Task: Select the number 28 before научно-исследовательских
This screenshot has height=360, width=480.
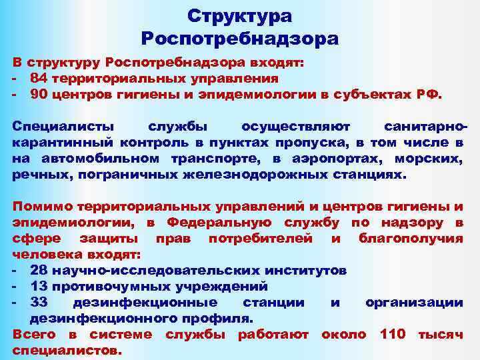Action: tap(39, 271)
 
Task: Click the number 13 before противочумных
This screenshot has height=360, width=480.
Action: tap(39, 287)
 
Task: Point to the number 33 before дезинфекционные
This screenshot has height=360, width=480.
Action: tap(39, 303)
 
